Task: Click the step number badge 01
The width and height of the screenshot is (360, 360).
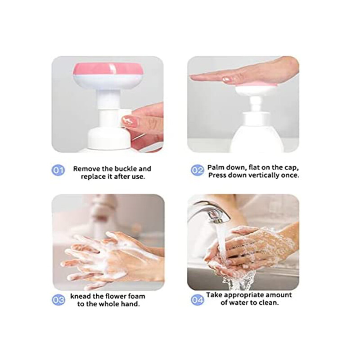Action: (x=58, y=171)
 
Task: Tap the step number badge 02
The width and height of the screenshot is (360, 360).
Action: (x=197, y=171)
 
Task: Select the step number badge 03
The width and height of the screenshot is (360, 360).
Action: (x=58, y=299)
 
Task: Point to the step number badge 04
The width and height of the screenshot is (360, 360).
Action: (x=197, y=299)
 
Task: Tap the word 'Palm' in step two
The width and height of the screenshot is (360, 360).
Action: (x=216, y=167)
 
